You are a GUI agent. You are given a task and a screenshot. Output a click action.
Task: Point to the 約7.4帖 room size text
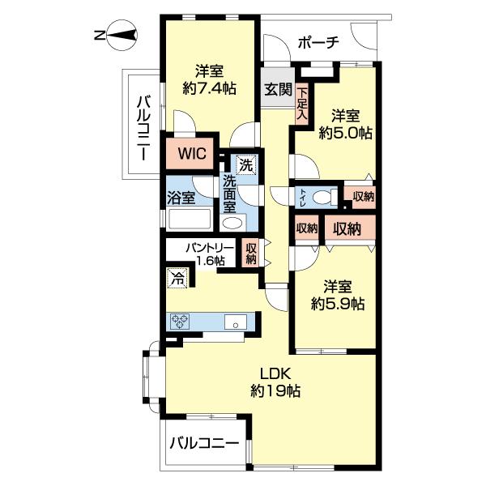click(210, 88)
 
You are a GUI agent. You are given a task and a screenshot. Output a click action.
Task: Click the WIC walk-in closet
click(193, 152)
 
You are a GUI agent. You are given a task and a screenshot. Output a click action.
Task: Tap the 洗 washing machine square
click(245, 164)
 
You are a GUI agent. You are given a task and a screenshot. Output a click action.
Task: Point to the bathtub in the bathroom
click(188, 220)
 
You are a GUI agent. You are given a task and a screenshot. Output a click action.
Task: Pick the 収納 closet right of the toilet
click(362, 195)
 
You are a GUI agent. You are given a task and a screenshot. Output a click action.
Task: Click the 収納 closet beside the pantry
click(251, 254)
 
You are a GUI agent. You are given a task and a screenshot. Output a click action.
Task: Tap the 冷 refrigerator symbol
click(177, 279)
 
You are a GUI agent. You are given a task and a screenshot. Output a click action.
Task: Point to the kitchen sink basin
click(236, 322)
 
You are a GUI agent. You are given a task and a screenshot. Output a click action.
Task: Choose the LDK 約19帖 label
click(275, 382)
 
